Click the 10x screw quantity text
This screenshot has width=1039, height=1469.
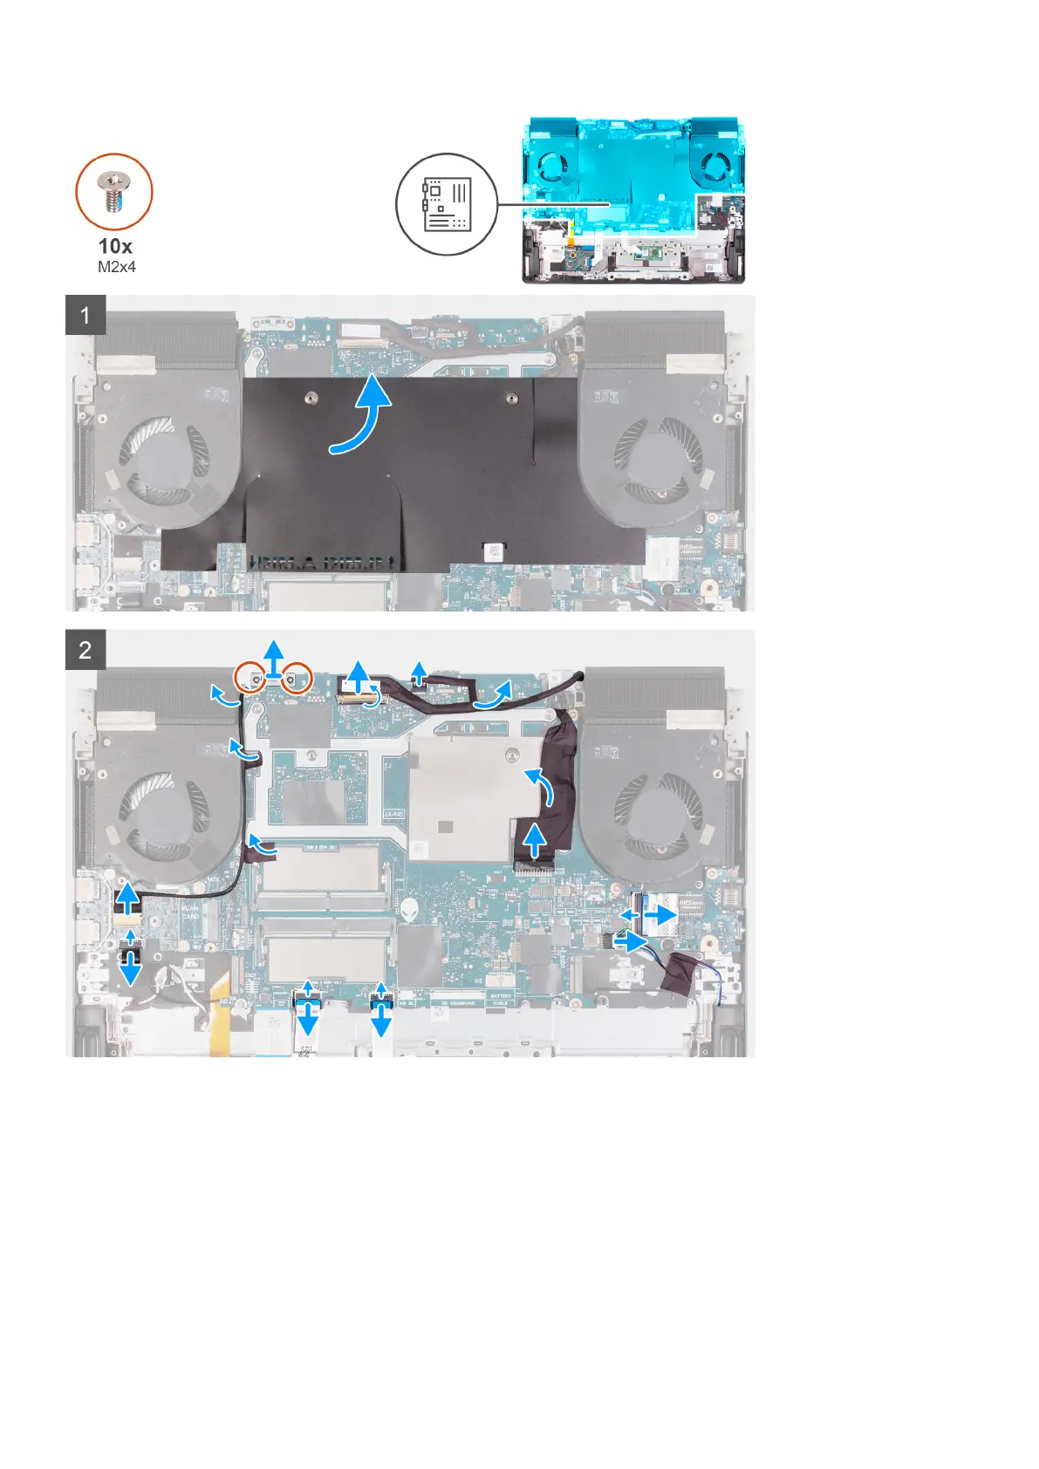coord(115,246)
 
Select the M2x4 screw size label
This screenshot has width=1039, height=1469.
coord(116,267)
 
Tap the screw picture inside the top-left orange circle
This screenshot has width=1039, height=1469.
coord(113,192)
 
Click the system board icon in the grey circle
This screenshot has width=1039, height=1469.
coord(447,204)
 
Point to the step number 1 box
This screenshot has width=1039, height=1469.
coord(85,315)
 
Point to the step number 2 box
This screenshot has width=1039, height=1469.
coord(85,650)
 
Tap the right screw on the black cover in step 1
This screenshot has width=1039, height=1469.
coord(510,400)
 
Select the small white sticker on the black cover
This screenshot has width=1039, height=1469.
coord(493,551)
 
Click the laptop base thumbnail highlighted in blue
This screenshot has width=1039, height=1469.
coord(633,201)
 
